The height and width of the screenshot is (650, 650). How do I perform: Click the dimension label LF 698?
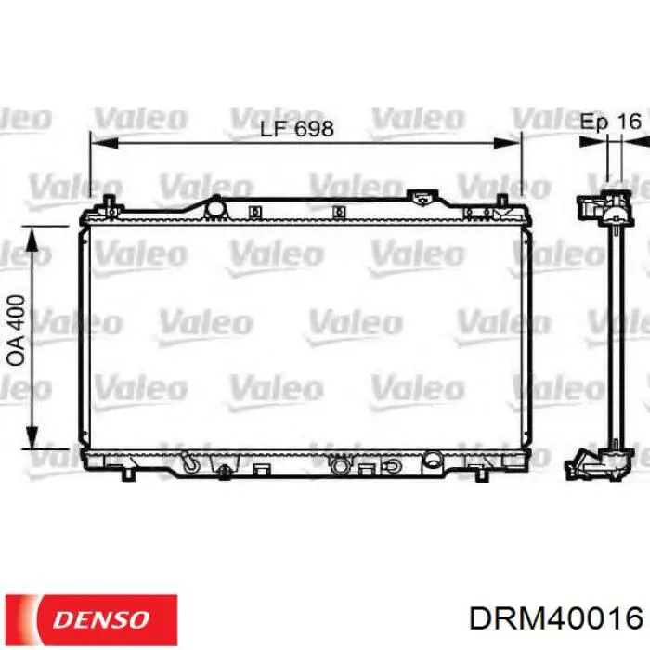pos(297,129)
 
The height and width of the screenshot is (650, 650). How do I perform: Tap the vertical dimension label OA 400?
pos(16,331)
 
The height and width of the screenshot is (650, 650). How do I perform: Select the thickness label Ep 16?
pos(611,122)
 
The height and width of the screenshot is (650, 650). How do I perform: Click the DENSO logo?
pos(91,619)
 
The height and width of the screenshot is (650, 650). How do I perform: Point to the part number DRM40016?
pos(556,618)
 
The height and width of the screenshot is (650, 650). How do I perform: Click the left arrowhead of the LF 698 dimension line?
pos(104,143)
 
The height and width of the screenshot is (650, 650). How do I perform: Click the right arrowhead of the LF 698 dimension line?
pos(507,143)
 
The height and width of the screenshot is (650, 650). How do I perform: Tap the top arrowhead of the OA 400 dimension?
pos(32,240)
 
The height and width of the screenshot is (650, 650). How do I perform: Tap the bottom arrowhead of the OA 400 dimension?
pos(32,435)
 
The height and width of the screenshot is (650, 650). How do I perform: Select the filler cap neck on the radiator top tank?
pos(422,198)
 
